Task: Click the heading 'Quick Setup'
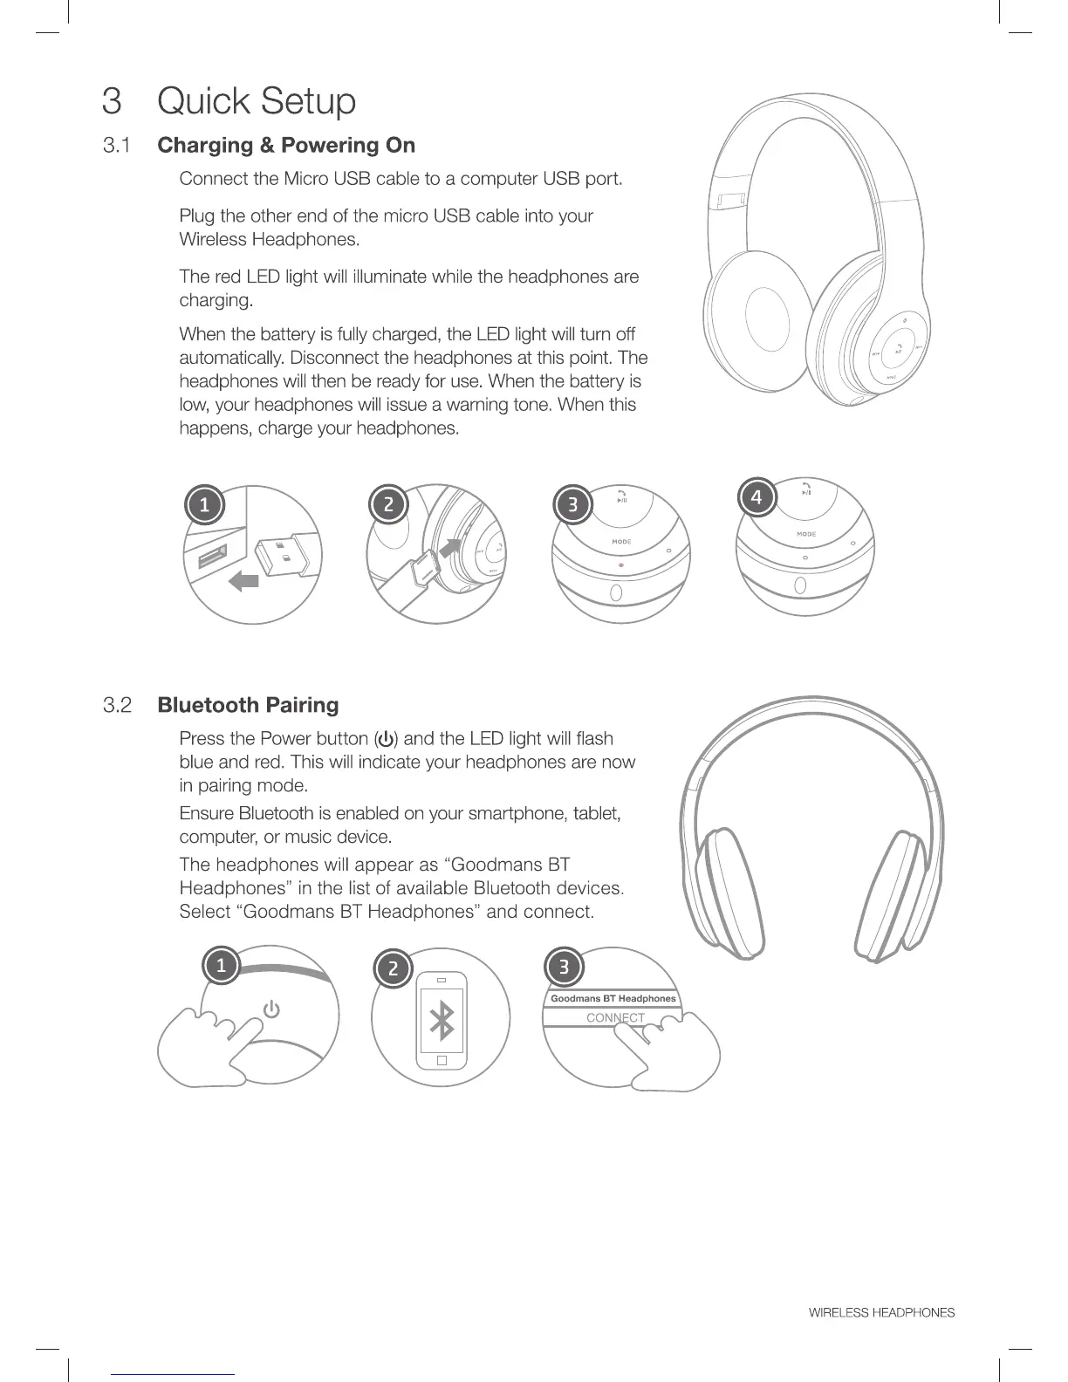pyautogui.click(x=257, y=101)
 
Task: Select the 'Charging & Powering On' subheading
pyautogui.click(x=286, y=145)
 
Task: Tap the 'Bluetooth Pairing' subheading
pyautogui.click(x=248, y=705)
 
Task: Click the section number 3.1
pyautogui.click(x=116, y=145)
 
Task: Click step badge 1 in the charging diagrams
pyautogui.click(x=204, y=505)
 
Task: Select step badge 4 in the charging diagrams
pyautogui.click(x=756, y=497)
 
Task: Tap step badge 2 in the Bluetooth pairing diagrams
pyautogui.click(x=393, y=968)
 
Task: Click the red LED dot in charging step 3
pyautogui.click(x=620, y=564)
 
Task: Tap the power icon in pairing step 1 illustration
pyautogui.click(x=272, y=1009)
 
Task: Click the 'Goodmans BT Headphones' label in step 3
pyautogui.click(x=613, y=998)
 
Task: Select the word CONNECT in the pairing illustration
pyautogui.click(x=615, y=1017)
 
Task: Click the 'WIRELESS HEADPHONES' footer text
pyautogui.click(x=881, y=1312)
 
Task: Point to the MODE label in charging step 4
pyautogui.click(x=806, y=534)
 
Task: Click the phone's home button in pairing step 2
pyautogui.click(x=442, y=1060)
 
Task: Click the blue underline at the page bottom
pyautogui.click(x=174, y=1374)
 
